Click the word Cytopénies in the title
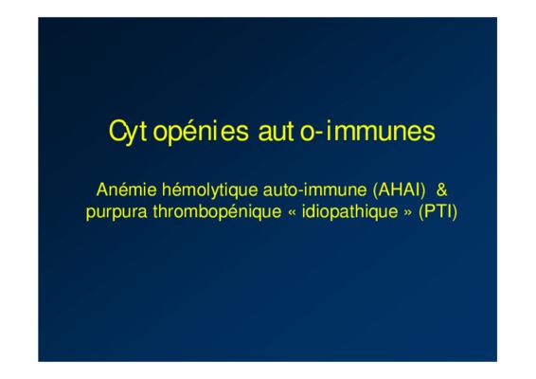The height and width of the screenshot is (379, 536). (x=179, y=132)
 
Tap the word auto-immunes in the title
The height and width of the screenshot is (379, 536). (x=347, y=131)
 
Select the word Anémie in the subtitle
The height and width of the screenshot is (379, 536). (x=127, y=189)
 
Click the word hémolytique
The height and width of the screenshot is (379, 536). (x=210, y=190)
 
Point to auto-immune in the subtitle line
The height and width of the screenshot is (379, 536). (x=314, y=189)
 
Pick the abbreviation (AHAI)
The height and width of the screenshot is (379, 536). (x=400, y=190)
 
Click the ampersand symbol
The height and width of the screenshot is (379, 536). (x=441, y=189)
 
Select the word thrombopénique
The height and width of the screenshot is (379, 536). (x=217, y=211)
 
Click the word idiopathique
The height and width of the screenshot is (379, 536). (x=349, y=211)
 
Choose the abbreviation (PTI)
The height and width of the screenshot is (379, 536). (x=438, y=211)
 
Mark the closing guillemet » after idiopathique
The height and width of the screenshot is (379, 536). (x=408, y=213)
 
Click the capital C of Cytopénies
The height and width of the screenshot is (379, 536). (x=116, y=131)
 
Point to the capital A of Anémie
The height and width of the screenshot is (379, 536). (x=102, y=189)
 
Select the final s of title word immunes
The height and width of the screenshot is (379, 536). (x=429, y=133)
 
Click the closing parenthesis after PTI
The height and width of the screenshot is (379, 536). (x=455, y=212)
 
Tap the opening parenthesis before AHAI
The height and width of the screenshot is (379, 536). (x=376, y=190)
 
